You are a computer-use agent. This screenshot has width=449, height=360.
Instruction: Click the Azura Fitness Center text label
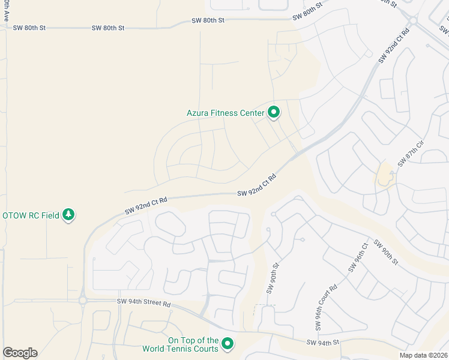[225, 113]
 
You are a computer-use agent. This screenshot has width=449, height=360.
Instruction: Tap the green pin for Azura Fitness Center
[274, 112]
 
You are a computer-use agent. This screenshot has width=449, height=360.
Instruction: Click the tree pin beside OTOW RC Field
[69, 214]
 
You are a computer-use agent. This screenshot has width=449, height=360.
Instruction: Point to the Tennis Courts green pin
[227, 344]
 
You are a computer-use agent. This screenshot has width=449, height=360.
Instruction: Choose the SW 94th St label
[323, 342]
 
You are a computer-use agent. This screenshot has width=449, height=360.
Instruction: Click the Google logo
[20, 353]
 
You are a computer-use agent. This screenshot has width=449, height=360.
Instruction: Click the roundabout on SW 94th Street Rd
[82, 299]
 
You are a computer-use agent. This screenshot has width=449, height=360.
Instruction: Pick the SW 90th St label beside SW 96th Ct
[386, 252]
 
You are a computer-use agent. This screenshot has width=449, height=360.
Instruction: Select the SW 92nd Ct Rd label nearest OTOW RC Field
[145, 205]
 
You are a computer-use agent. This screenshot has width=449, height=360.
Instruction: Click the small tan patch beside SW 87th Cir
[384, 176]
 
